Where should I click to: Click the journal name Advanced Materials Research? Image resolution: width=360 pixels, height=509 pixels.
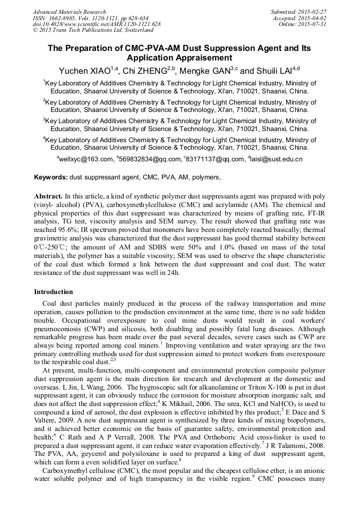(x=69, y=12)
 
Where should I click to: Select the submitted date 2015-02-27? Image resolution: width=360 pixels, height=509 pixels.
(x=313, y=12)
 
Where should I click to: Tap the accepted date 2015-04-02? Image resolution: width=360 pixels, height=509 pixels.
(x=313, y=18)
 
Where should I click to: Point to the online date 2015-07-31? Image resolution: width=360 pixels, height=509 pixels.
(x=313, y=24)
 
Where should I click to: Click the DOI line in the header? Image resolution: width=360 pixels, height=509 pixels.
(x=97, y=24)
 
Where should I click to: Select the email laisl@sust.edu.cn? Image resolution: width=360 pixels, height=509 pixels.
(x=276, y=159)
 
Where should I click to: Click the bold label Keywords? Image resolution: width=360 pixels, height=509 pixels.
(x=51, y=177)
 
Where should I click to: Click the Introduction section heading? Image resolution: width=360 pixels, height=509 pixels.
(x=53, y=292)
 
